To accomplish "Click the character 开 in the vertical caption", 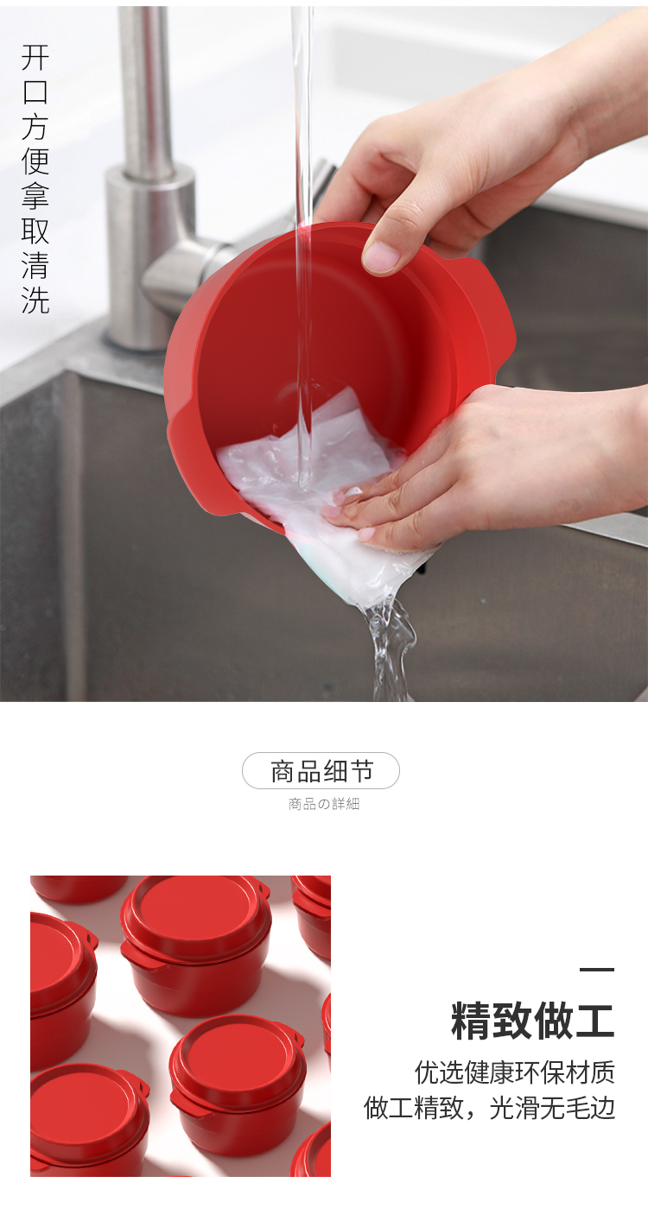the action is pos(35,57).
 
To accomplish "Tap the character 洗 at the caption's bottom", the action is pos(35,300).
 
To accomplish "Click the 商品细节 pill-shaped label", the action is pos(321,770).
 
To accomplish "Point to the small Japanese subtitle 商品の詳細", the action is pos(324,804).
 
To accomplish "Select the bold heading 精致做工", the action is pos(532,1021).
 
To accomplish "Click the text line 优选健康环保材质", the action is pos(515,1072).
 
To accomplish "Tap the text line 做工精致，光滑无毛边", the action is pos(489,1108).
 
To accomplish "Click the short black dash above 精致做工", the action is pos(597,969).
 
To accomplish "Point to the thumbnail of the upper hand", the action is pos(381,255).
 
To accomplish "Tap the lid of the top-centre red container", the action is pos(195,913).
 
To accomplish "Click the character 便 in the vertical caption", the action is pos(35,161).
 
